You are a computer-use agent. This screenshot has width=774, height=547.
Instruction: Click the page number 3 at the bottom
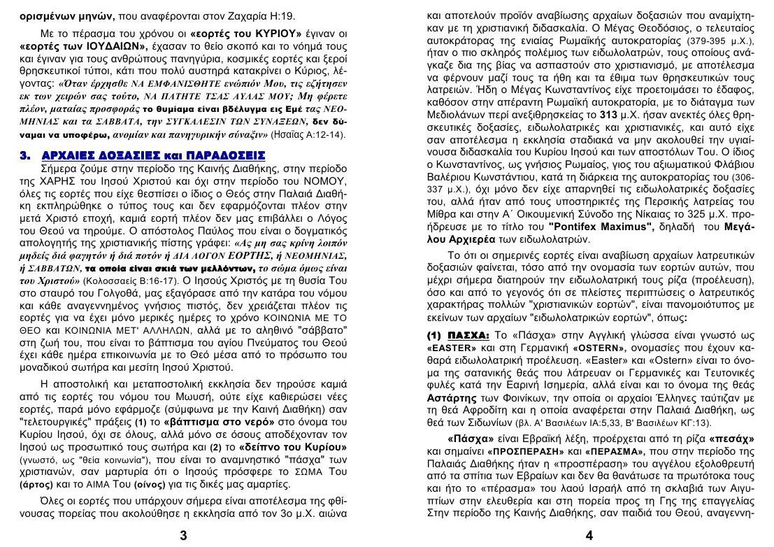183,536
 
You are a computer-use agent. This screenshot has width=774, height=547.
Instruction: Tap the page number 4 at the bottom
589,536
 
